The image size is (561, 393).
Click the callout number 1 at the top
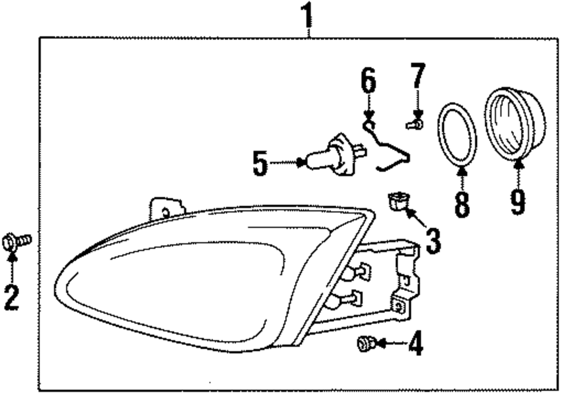point(307,15)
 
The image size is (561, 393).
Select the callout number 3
point(433,240)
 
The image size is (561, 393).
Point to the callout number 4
point(415,344)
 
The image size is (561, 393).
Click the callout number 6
point(368,82)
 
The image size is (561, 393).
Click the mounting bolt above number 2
point(17,242)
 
